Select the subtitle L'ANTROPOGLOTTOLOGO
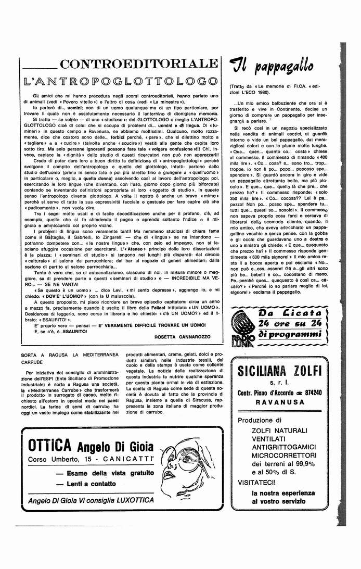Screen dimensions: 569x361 (121, 81)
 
